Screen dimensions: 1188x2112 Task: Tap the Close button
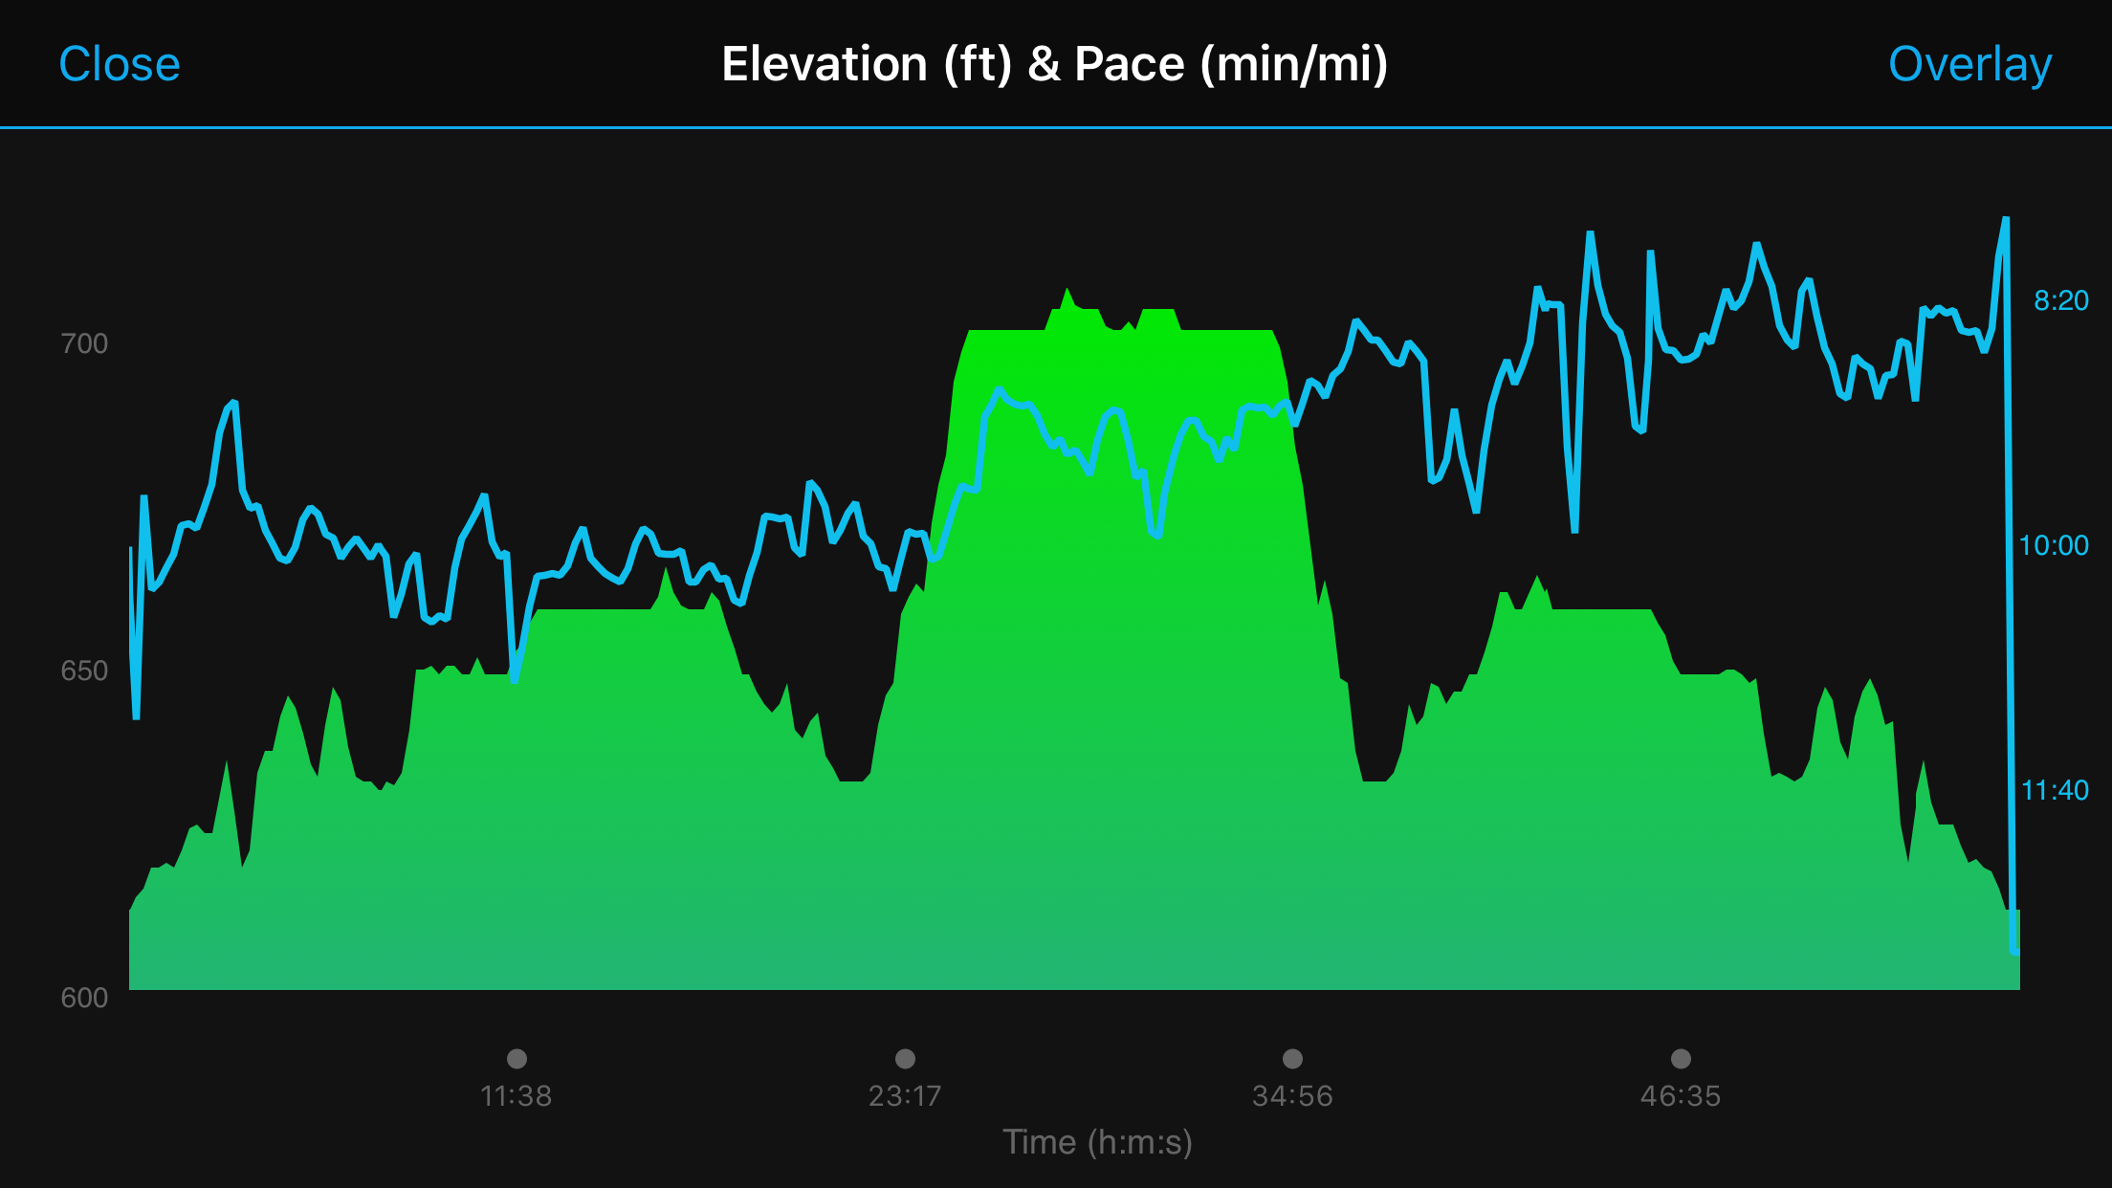pos(120,64)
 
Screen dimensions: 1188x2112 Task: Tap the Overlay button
pos(1969,64)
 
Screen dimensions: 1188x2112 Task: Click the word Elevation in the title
pos(824,64)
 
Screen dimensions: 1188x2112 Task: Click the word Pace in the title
pos(1129,64)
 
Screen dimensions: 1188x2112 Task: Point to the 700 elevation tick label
pos(84,343)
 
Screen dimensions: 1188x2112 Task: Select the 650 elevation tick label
pos(84,671)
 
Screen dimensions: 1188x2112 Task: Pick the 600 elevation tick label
pos(84,998)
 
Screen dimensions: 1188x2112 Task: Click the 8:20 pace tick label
pos(2060,300)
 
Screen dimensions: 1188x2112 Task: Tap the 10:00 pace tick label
pos(2053,545)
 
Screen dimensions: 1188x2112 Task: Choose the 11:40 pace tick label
pos(2054,790)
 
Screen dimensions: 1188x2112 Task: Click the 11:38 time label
pos(517,1096)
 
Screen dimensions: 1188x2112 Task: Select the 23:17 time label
pos(905,1096)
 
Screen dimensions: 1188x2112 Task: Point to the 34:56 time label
pos(1292,1096)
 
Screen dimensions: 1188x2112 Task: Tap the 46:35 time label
pos(1681,1096)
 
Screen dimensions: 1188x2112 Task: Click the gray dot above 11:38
pos(517,1058)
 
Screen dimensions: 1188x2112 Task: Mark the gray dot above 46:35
pos(1681,1058)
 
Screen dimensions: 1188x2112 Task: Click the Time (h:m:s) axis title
pos(1097,1142)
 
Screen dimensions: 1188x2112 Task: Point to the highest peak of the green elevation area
pos(1067,291)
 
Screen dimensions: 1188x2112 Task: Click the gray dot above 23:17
pos(905,1058)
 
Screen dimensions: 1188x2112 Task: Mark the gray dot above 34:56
pos(1292,1058)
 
